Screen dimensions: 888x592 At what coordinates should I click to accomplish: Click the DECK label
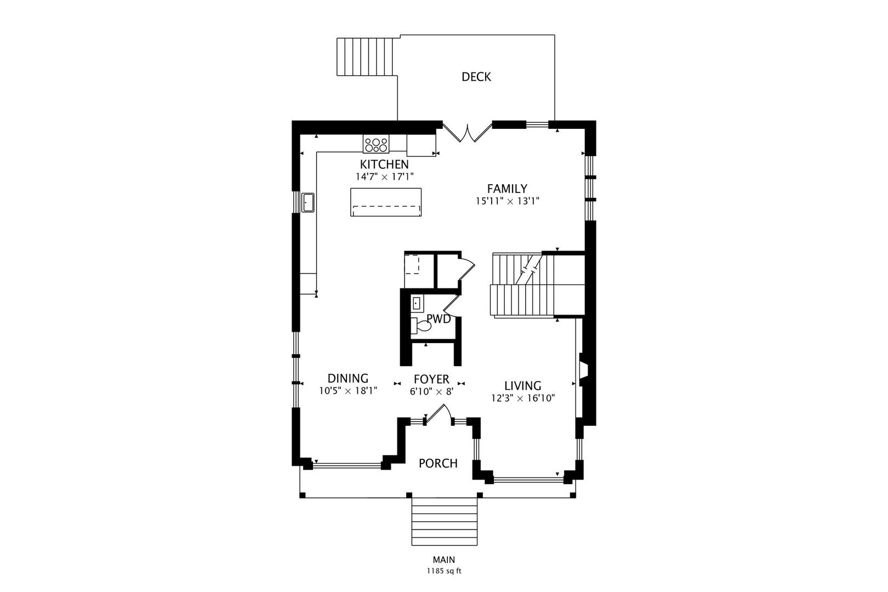pyautogui.click(x=476, y=77)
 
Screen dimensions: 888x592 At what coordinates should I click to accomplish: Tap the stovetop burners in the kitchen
pyautogui.click(x=376, y=144)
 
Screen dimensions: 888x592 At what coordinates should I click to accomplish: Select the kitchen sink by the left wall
pyautogui.click(x=308, y=202)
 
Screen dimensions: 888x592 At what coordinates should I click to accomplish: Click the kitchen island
pyautogui.click(x=386, y=202)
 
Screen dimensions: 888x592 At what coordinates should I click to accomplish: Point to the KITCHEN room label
pyautogui.click(x=384, y=164)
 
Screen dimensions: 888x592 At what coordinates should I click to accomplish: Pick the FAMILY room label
pyautogui.click(x=507, y=189)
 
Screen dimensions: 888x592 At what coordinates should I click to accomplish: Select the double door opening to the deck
pyautogui.click(x=468, y=133)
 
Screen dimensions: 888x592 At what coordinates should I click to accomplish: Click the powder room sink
pyautogui.click(x=417, y=304)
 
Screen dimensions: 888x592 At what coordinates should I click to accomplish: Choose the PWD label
pyautogui.click(x=439, y=319)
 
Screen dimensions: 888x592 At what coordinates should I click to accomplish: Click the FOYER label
pyautogui.click(x=431, y=379)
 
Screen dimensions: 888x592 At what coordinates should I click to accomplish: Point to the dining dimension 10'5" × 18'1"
pyautogui.click(x=348, y=391)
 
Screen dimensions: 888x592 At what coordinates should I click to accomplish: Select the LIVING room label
pyautogui.click(x=522, y=385)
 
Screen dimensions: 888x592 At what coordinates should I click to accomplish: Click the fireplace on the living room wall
pyautogui.click(x=584, y=369)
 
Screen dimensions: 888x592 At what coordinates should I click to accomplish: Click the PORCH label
pyautogui.click(x=438, y=463)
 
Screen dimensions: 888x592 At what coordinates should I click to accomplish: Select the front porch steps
pyautogui.click(x=445, y=521)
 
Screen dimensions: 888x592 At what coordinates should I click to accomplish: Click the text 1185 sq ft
pyautogui.click(x=444, y=571)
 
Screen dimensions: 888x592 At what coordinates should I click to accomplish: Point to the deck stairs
pyautogui.click(x=365, y=56)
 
